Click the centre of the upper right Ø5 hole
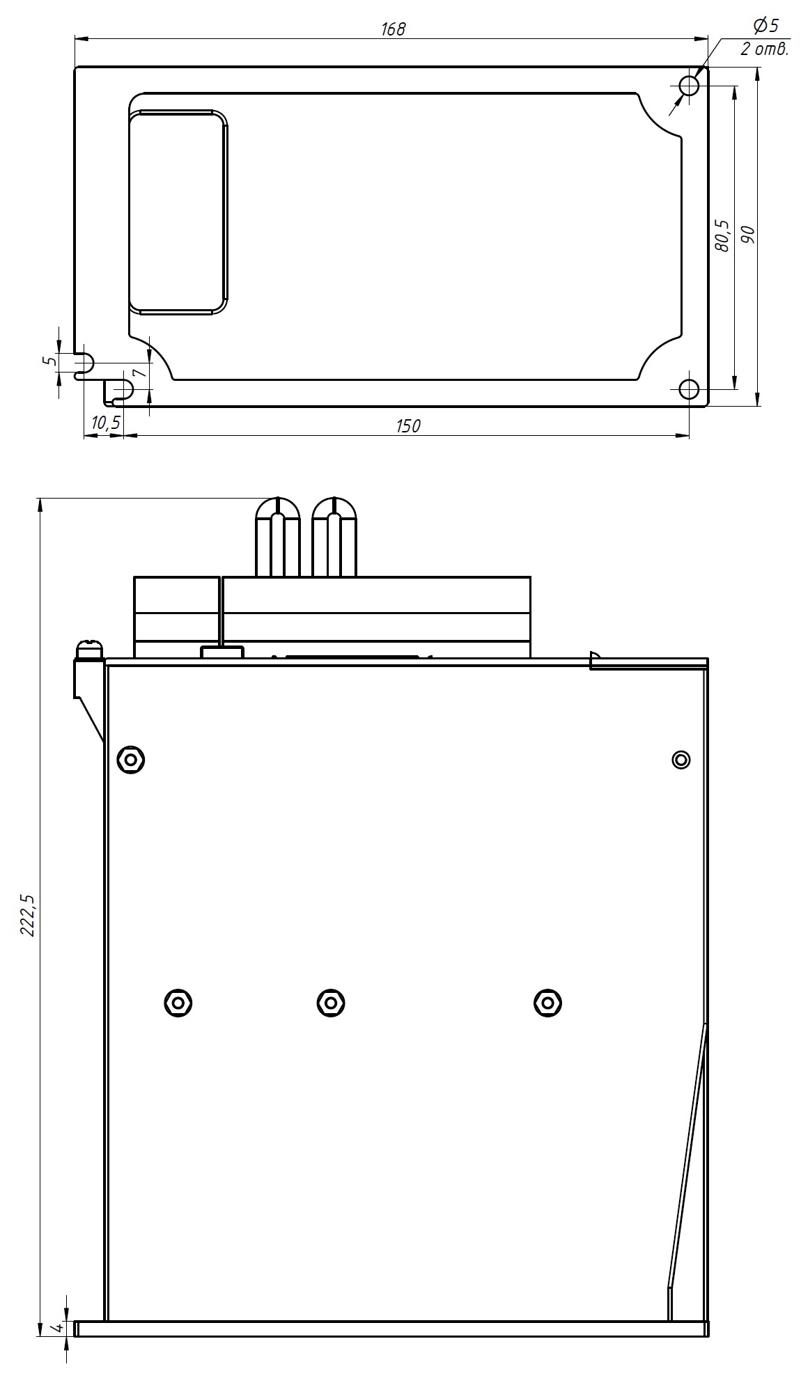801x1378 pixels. click(x=690, y=86)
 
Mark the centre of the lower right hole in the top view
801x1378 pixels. click(x=690, y=389)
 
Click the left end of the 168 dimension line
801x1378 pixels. click(x=75, y=39)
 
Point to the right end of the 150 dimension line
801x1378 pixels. click(x=690, y=436)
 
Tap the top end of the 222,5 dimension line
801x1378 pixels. click(x=40, y=497)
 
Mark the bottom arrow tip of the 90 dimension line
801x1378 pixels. click(x=758, y=406)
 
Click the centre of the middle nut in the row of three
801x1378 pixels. click(x=330, y=1003)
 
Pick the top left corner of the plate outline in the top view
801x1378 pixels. click(x=75, y=67)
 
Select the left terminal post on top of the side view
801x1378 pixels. click(x=278, y=537)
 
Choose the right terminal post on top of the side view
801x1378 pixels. click(x=334, y=537)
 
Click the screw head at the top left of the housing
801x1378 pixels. click(x=90, y=649)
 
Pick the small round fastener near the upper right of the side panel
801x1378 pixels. click(x=681, y=759)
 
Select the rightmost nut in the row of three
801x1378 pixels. click(x=547, y=1003)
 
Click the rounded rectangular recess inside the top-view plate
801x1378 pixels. click(x=178, y=212)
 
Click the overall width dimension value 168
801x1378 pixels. click(x=393, y=29)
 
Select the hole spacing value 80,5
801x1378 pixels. click(x=722, y=235)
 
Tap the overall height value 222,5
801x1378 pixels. click(x=28, y=914)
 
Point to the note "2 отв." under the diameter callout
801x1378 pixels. click(x=763, y=49)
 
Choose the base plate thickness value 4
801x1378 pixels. click(x=59, y=1329)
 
